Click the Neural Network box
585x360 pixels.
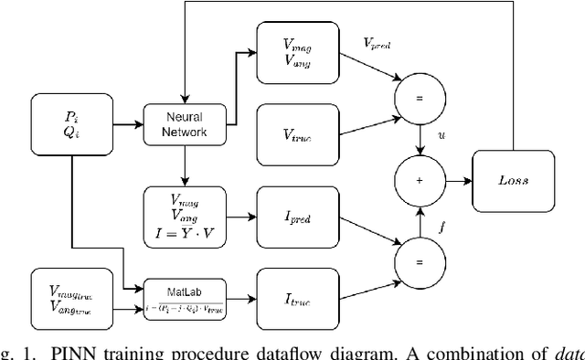click(184, 124)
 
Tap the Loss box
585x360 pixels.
click(513, 180)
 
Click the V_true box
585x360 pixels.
click(298, 134)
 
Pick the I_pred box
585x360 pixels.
click(298, 217)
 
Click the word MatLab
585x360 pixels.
click(184, 290)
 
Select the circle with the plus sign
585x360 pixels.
click(420, 180)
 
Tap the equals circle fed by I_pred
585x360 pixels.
click(420, 262)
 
